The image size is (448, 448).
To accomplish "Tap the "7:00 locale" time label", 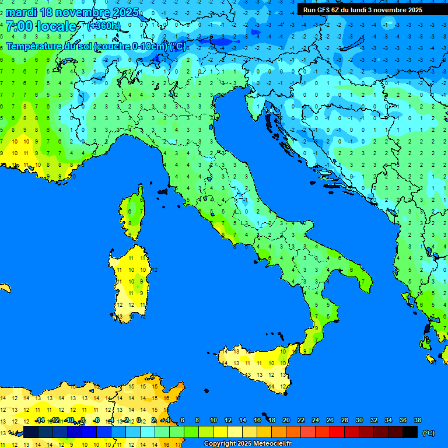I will [41, 26].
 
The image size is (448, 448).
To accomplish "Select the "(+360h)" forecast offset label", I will [104, 26].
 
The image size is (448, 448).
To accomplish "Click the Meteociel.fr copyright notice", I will [247, 444].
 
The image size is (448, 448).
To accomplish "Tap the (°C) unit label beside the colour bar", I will [428, 432].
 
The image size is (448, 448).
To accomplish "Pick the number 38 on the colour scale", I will [418, 420].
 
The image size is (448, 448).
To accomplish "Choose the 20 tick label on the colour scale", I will [286, 420].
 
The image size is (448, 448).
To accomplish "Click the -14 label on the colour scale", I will [40, 420].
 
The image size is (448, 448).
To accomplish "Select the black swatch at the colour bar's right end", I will [410, 432].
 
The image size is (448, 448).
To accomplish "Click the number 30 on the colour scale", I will [359, 420].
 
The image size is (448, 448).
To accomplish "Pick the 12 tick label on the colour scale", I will [228, 420].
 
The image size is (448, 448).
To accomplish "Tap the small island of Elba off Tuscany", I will [163, 191].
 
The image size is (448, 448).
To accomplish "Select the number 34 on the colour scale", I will [388, 420].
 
